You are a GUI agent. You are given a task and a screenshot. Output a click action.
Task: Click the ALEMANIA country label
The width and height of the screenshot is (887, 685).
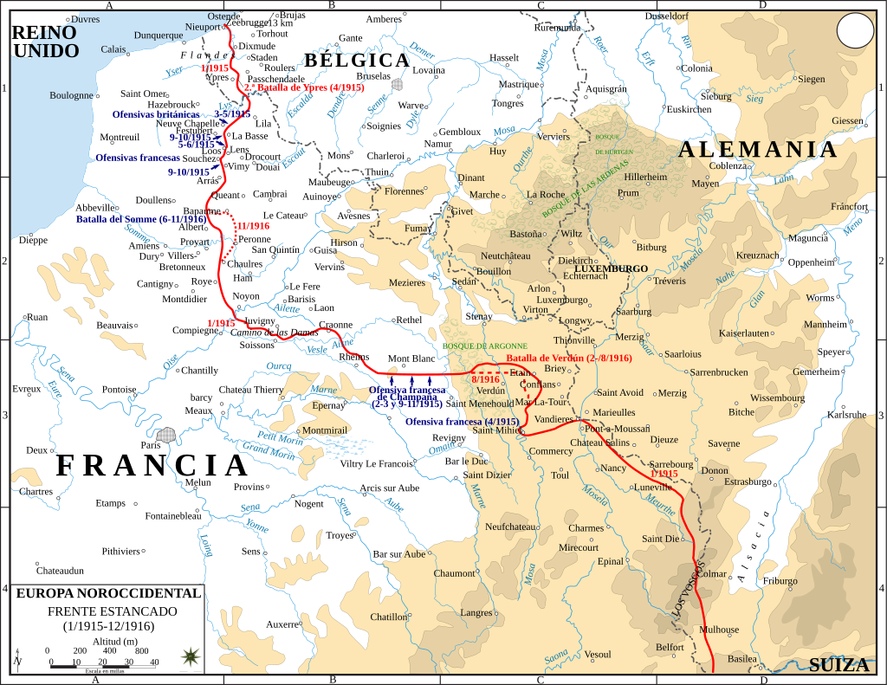[x=758, y=149]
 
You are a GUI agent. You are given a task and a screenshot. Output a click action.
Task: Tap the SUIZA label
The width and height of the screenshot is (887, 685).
[x=838, y=665]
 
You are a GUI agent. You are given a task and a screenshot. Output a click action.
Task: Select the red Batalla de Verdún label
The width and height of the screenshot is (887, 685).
[x=568, y=358]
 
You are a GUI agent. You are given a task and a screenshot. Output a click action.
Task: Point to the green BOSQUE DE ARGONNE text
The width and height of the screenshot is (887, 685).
[x=484, y=346]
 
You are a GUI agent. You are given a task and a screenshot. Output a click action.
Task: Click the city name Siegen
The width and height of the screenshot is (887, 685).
[x=812, y=79]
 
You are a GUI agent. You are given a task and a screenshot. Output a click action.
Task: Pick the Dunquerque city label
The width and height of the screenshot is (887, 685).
[x=159, y=36]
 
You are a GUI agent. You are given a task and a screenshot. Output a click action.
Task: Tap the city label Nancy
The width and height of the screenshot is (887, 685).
[x=612, y=469]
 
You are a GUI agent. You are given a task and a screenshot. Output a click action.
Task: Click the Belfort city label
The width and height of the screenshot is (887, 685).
[x=670, y=647]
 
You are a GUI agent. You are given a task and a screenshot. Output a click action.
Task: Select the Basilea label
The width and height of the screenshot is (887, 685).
[x=741, y=658]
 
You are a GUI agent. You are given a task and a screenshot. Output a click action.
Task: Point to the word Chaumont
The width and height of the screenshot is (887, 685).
[x=455, y=573]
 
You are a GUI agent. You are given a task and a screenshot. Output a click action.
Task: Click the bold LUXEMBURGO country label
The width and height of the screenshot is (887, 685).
[x=611, y=268]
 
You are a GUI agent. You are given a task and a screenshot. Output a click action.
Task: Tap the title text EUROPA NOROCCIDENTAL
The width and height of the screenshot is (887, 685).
[x=108, y=594]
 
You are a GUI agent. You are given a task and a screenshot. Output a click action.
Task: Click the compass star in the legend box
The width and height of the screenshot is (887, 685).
[x=189, y=657]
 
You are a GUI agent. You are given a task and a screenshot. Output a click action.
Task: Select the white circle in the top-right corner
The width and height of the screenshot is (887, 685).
[x=855, y=32]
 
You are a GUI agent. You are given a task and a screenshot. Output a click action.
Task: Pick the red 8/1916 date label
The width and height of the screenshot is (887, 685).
[x=485, y=379]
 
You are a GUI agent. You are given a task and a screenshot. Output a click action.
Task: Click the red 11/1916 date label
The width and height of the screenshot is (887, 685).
[x=253, y=225]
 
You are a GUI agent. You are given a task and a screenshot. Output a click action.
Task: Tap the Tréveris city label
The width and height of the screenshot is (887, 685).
[x=670, y=281]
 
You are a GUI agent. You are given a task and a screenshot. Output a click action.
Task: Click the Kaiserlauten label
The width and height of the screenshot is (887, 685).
[x=744, y=333]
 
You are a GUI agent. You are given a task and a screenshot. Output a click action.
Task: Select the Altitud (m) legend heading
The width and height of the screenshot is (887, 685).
[x=108, y=640]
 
